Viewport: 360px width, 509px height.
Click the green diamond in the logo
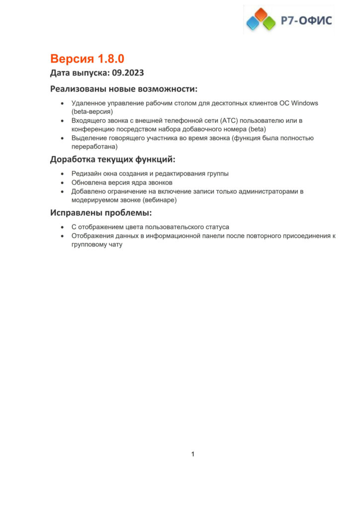269,22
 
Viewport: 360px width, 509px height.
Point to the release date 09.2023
128,73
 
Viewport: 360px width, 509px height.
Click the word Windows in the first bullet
304,103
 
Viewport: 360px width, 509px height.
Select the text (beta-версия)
92,112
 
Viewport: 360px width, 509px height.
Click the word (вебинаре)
160,200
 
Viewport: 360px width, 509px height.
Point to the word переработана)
94,147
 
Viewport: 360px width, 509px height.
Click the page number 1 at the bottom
193,454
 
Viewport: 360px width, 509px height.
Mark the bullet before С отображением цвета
62,227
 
